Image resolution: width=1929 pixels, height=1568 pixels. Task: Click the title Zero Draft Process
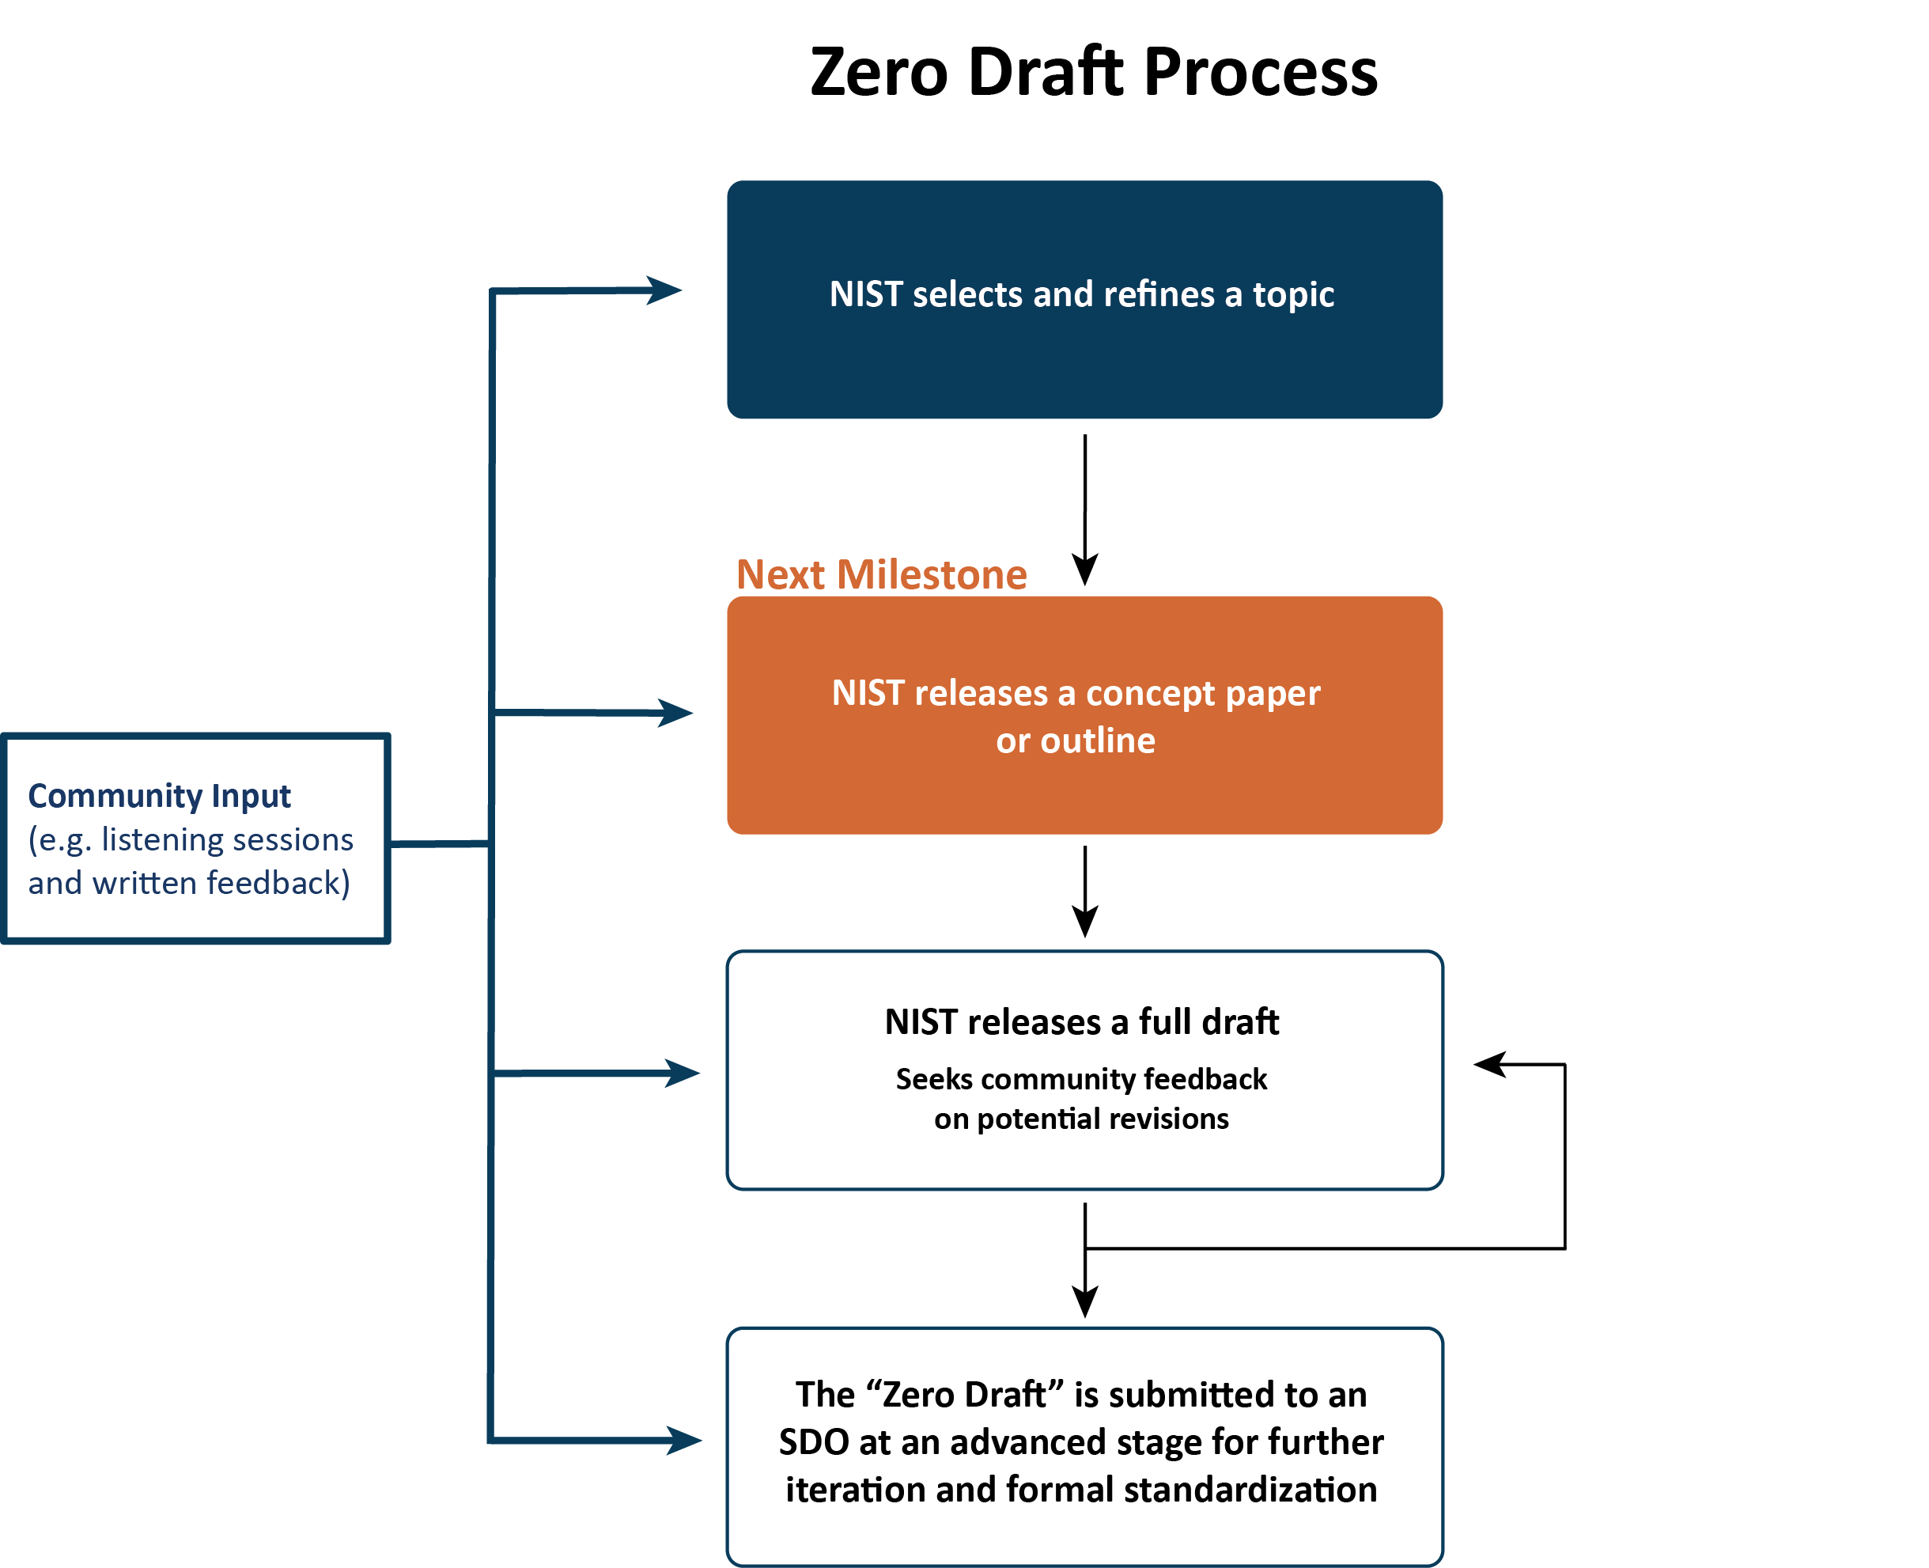coord(1094,71)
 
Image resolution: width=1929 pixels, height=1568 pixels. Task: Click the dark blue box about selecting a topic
coord(1084,299)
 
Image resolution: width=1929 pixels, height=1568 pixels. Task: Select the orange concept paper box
coord(1084,714)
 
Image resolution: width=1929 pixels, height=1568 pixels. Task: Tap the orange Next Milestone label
coord(881,574)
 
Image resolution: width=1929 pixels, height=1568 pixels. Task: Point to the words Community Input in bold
coord(159,796)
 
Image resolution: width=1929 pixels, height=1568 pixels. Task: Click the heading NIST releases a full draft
coord(1082,1021)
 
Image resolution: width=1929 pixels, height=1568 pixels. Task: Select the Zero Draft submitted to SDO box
coord(1084,1446)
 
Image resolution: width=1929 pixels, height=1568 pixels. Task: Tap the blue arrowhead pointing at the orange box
coord(675,713)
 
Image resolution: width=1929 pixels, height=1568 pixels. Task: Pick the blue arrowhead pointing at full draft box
coord(683,1073)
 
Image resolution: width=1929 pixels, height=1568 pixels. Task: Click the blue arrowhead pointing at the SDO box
coord(685,1440)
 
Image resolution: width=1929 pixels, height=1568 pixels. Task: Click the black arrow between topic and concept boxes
coord(1084,510)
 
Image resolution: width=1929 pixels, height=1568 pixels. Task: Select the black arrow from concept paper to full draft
coord(1084,892)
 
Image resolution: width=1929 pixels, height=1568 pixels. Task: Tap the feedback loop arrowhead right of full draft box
coord(1490,1064)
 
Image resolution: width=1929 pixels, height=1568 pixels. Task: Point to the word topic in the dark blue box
coord(1293,295)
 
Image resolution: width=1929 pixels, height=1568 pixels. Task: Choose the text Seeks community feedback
coord(1081,1079)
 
